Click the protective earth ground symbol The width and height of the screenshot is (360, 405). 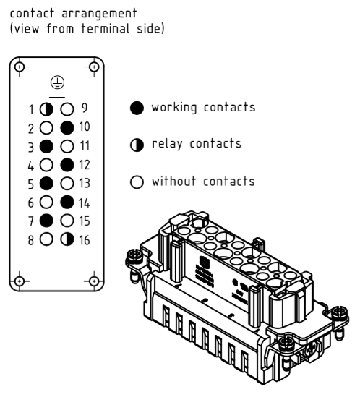coord(57,82)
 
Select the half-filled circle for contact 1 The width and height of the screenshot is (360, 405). coord(46,109)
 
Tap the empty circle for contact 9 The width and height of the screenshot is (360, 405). coord(67,109)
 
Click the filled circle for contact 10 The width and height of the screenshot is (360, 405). coord(67,128)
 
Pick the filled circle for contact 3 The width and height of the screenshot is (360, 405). coord(46,146)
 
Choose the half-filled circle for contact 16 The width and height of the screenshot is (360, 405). coord(67,239)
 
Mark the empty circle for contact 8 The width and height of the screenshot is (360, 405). coord(46,239)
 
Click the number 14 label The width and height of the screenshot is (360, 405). coord(85,203)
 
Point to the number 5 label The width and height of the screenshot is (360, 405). coord(31,184)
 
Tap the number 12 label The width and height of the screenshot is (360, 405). coord(85,165)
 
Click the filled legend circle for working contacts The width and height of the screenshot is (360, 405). coord(137,108)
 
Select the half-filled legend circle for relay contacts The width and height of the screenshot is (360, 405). coord(137,145)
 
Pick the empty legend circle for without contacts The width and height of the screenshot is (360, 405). coord(137,182)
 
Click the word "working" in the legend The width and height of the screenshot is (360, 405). coord(174,108)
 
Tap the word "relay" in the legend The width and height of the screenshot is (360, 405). coord(167,144)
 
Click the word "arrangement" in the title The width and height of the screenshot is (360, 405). coord(100,14)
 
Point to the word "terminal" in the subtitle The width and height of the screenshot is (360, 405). coord(106,28)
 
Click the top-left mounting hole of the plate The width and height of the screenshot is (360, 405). coord(20,67)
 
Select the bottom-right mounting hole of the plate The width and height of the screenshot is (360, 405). coord(94,281)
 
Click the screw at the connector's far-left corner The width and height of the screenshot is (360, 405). coord(134,257)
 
